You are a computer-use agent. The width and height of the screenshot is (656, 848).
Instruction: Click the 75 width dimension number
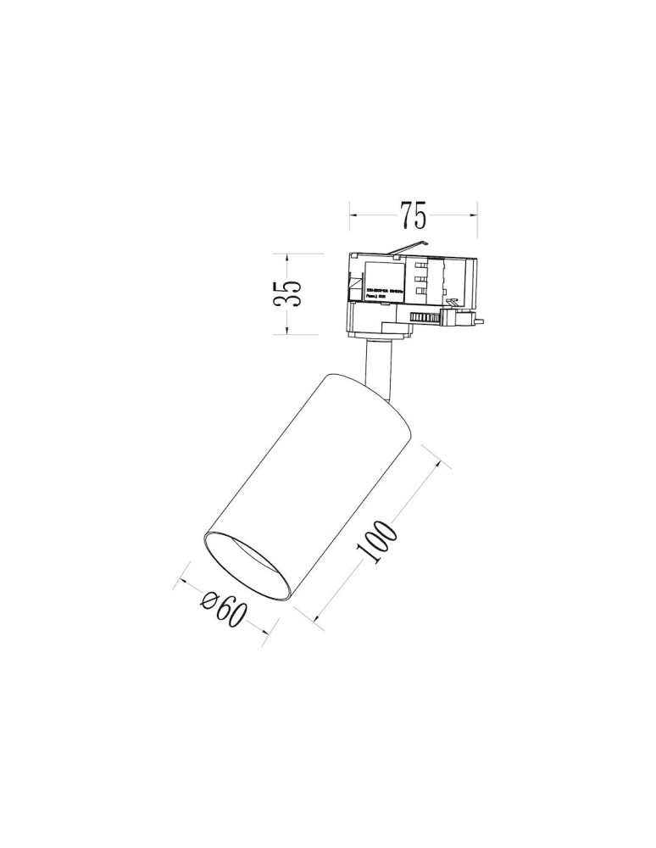point(414,216)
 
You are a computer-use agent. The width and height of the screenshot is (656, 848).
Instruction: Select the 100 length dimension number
point(378,540)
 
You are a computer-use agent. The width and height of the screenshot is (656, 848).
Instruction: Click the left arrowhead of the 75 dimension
point(354,215)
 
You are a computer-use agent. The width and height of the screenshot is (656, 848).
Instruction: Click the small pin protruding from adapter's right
point(479,321)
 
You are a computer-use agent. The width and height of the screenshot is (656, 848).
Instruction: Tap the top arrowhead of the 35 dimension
point(289,255)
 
